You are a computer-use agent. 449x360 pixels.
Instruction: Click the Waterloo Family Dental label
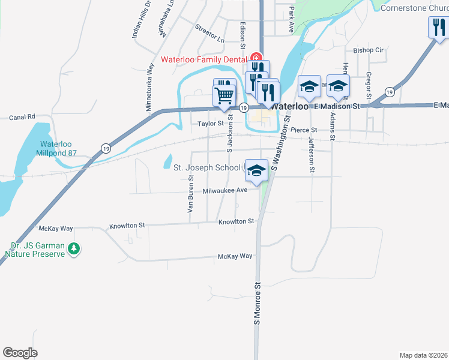click(205, 59)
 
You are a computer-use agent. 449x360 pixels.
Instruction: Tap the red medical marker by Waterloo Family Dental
click(254, 59)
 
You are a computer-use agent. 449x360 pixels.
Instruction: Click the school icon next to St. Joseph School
click(256, 170)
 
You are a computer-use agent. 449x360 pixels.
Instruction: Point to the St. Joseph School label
click(208, 167)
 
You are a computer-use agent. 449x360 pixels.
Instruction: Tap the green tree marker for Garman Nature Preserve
click(74, 248)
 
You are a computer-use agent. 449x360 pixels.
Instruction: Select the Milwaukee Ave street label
click(225, 190)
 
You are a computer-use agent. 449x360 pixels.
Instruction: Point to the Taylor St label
click(211, 124)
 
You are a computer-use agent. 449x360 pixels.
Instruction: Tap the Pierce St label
click(303, 130)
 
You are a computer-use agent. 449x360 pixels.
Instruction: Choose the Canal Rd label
click(23, 116)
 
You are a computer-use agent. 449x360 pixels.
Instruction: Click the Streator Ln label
click(209, 33)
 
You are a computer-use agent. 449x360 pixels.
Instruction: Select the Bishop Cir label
click(368, 50)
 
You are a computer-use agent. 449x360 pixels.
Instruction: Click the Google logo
click(20, 352)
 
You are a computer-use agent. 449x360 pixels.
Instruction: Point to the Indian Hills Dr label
click(134, 20)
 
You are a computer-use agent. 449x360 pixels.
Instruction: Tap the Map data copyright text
click(423, 355)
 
